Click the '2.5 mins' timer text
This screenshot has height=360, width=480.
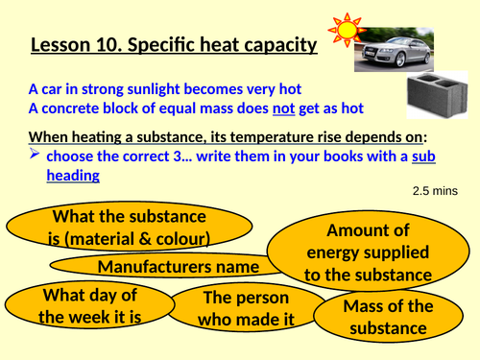click(436, 191)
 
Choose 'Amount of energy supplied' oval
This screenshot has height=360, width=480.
click(369, 252)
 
